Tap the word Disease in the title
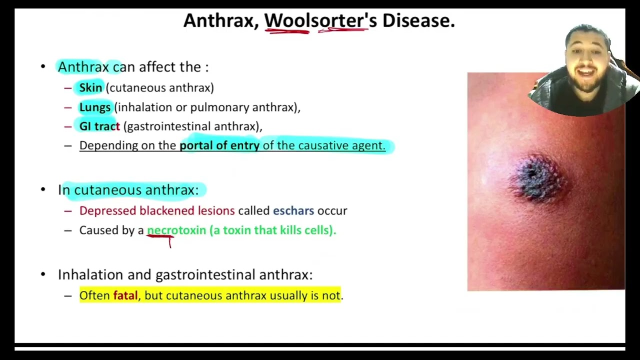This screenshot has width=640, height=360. (x=418, y=20)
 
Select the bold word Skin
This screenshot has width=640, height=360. (x=90, y=87)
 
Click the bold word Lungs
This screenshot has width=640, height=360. (x=95, y=107)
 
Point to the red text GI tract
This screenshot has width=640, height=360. (x=99, y=126)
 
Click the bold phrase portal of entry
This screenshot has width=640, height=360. (x=219, y=145)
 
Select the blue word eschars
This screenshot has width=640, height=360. (x=293, y=210)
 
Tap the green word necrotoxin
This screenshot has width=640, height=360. (x=176, y=230)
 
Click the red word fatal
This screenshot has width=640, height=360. (x=125, y=295)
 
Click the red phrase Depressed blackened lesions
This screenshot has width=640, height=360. (x=157, y=210)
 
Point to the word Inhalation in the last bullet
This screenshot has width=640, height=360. (x=90, y=274)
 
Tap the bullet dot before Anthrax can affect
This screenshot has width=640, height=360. (x=43, y=67)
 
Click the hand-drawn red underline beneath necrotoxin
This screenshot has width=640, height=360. (x=160, y=238)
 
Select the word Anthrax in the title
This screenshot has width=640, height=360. (x=219, y=20)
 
